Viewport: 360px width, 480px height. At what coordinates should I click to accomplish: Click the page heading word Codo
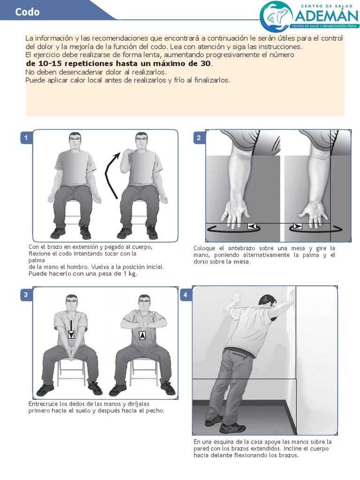click(x=27, y=12)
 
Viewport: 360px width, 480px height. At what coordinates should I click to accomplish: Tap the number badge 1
click(x=26, y=137)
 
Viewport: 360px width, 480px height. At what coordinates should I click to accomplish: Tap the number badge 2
click(x=199, y=137)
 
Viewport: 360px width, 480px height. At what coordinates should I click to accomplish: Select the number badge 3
click(x=26, y=294)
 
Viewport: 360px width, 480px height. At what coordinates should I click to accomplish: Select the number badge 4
click(x=186, y=294)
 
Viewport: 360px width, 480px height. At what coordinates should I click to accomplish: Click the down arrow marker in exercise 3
click(x=71, y=334)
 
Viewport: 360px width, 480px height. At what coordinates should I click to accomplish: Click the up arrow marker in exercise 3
click(x=142, y=336)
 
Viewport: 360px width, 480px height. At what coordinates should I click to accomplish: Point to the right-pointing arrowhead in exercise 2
click(x=297, y=226)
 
